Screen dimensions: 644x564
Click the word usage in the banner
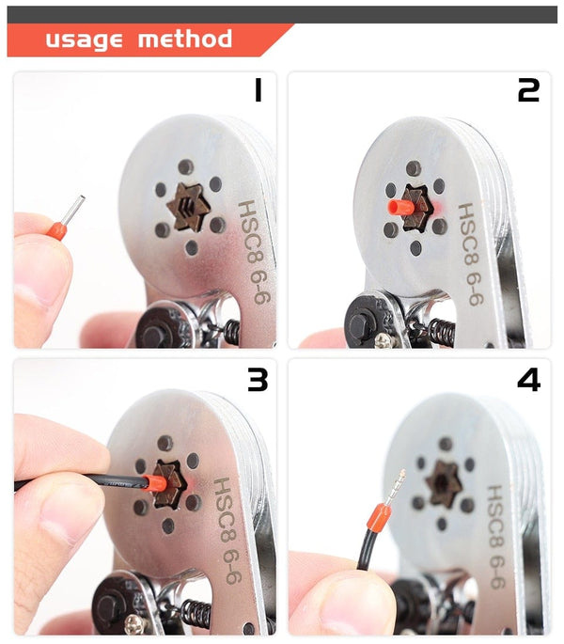(x=85, y=39)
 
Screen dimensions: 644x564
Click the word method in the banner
(x=184, y=39)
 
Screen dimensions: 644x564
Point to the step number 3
(x=257, y=379)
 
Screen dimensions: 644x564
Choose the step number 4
(x=528, y=379)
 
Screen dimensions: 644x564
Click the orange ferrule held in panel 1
(x=58, y=229)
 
